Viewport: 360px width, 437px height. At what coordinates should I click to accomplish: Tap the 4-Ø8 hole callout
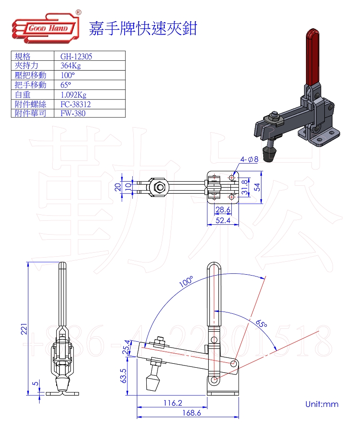pos(249,159)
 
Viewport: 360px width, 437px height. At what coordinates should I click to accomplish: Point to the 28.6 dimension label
pos(223,210)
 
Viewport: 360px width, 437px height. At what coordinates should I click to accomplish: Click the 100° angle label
pos(186,282)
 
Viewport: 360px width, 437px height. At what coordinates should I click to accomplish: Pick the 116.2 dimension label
pos(173,402)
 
